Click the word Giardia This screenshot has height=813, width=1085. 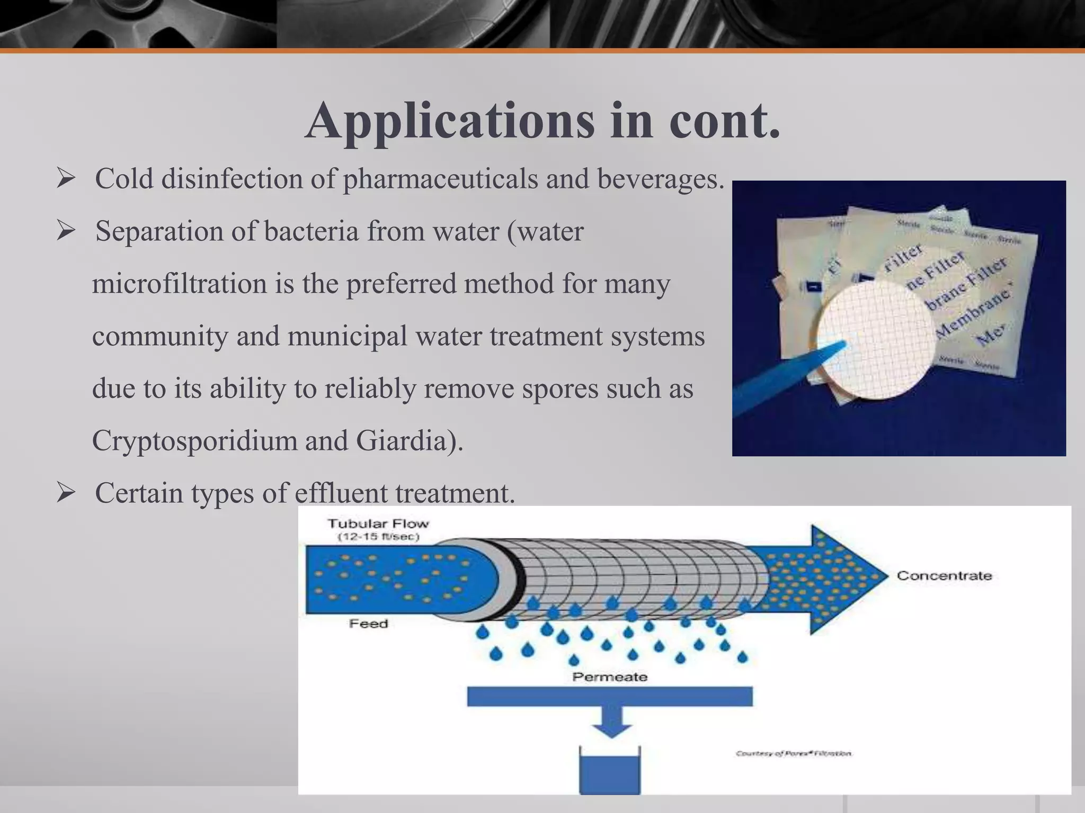click(405, 440)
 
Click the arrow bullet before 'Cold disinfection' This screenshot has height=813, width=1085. click(66, 179)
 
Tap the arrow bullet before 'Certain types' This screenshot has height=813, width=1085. click(66, 493)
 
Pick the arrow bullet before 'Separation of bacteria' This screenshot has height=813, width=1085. click(66, 231)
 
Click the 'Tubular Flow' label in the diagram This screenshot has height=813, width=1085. click(378, 524)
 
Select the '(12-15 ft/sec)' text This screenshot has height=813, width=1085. click(378, 537)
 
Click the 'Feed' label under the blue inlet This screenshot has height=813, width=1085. click(369, 624)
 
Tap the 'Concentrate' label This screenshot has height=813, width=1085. click(944, 576)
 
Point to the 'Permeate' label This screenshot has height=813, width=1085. click(610, 677)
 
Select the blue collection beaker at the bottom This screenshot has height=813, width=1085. click(610, 773)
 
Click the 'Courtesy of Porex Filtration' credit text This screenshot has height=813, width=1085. click(794, 754)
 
